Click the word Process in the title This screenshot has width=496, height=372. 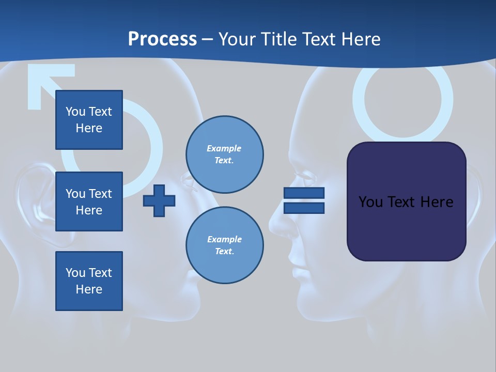(x=162, y=39)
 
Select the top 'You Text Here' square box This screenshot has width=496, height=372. (x=89, y=120)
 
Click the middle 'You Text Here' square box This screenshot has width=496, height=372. (x=89, y=202)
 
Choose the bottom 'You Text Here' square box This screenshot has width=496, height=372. (x=89, y=281)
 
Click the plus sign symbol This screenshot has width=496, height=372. (x=159, y=201)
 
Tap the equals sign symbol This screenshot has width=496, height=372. (x=304, y=200)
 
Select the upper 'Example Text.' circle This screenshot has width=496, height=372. (x=225, y=154)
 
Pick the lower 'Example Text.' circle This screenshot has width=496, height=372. (x=225, y=245)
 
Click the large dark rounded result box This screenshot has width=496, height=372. (x=406, y=202)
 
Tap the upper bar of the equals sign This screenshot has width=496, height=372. (x=304, y=193)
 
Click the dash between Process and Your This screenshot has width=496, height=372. (x=207, y=40)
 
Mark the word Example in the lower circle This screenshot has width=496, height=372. (x=224, y=239)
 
